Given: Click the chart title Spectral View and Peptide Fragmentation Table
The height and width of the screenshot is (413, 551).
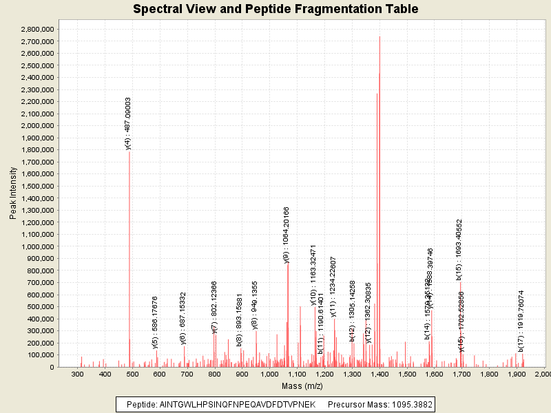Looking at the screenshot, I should (275, 9).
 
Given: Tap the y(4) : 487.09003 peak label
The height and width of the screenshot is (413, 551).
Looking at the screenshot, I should (128, 123).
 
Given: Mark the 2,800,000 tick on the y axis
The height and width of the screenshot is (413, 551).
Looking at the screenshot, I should (38, 30).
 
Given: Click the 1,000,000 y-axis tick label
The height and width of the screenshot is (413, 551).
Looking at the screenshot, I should (38, 246).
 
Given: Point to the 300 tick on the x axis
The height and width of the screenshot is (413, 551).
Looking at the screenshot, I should (78, 374).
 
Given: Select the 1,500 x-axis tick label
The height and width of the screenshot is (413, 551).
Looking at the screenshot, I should (406, 374).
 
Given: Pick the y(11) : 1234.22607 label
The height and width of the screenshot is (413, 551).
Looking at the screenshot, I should (333, 286).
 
